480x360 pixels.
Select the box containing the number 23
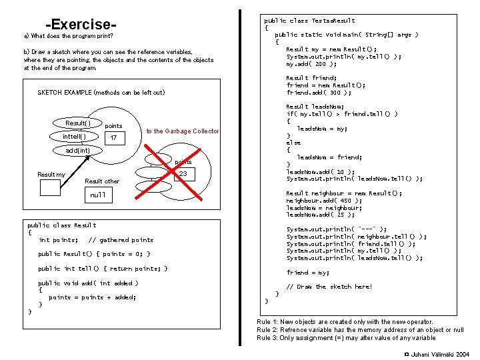181,174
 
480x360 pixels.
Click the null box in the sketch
99,195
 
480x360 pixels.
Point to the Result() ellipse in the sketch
78,123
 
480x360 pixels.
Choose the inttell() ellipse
74,137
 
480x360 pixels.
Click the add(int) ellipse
78,151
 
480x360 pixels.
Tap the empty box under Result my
51,188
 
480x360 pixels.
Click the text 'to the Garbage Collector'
183,131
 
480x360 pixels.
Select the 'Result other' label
102,181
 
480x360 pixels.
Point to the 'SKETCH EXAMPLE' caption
101,92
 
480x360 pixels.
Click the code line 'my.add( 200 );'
311,64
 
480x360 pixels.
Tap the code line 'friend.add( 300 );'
319,93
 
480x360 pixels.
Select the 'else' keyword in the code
293,143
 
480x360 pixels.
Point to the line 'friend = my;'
308,272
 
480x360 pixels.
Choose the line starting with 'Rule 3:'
346,338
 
